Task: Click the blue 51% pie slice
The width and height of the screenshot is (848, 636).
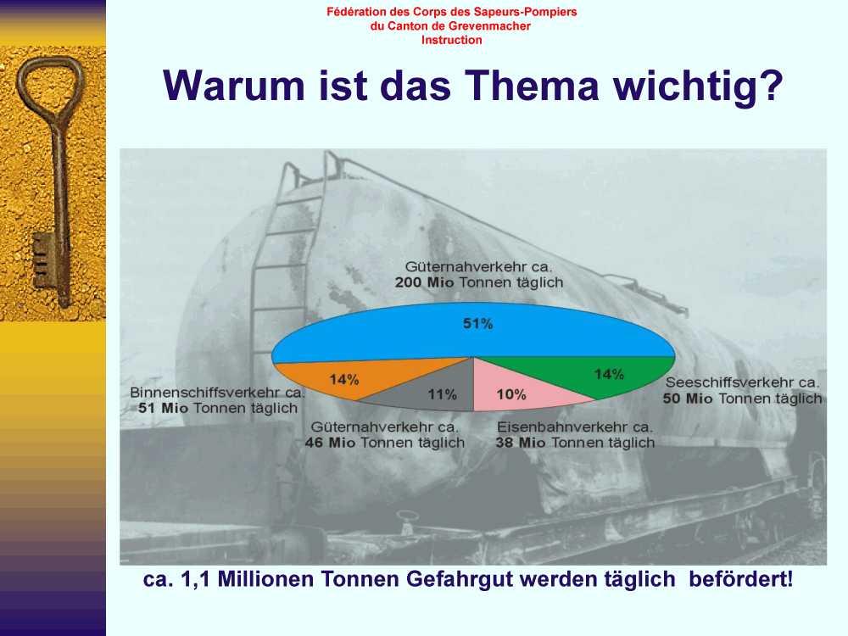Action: (x=473, y=332)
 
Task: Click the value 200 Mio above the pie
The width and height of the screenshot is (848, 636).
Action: (x=425, y=282)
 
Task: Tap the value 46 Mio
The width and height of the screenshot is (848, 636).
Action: (x=330, y=443)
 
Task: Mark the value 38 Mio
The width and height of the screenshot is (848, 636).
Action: (x=521, y=443)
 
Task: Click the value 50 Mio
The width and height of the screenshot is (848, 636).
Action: (x=688, y=399)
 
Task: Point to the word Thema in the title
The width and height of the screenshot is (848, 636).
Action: (x=533, y=86)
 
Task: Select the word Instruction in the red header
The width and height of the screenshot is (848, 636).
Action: (x=452, y=40)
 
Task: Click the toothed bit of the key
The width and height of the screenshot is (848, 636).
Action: (x=42, y=260)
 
